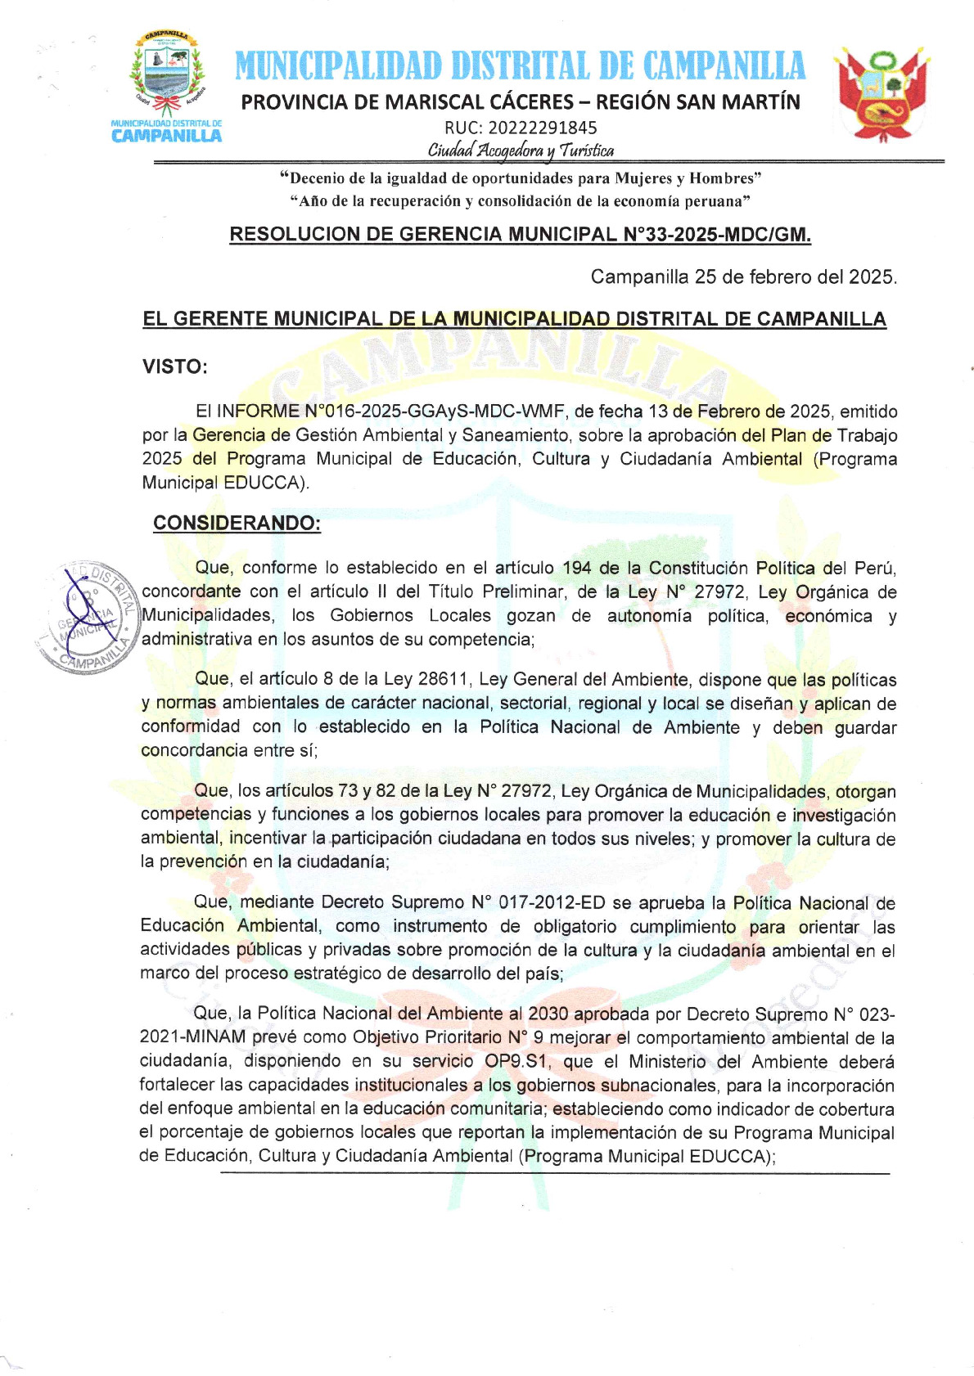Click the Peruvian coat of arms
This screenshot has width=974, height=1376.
(881, 93)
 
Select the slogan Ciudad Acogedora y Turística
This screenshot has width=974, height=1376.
(521, 150)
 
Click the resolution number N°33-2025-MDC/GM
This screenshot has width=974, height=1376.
(717, 235)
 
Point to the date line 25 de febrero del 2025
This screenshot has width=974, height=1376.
(743, 277)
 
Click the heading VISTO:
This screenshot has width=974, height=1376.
(175, 366)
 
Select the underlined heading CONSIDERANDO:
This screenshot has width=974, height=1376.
(237, 523)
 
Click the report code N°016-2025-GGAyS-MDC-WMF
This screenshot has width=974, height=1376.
(435, 411)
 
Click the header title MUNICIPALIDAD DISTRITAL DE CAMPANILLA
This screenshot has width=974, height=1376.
(521, 66)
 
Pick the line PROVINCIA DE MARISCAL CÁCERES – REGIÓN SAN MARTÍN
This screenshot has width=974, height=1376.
(521, 102)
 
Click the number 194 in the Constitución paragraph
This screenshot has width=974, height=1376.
(577, 568)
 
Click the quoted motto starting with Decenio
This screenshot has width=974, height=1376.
(521, 178)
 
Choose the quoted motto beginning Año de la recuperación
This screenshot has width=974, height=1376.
(521, 201)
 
